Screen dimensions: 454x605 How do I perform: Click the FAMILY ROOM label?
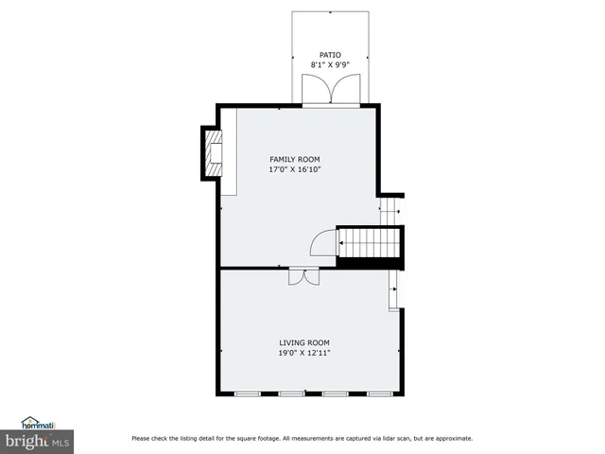coord(295,159)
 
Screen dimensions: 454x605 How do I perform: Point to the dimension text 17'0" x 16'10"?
coord(295,169)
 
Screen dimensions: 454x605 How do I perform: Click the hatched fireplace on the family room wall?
coord(213,152)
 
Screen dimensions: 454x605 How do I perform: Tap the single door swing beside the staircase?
coord(323,243)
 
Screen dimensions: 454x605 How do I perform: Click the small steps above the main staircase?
coord(389,210)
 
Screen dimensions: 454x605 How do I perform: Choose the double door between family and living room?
coord(303,276)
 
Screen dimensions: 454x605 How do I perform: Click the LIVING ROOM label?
coord(303,342)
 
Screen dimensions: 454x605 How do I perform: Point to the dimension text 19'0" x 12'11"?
coord(303,353)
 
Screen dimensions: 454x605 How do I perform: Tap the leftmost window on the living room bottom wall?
coord(248,393)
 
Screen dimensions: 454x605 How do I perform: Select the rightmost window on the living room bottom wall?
coord(380,393)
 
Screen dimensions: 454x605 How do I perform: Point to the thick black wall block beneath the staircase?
coord(371,263)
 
